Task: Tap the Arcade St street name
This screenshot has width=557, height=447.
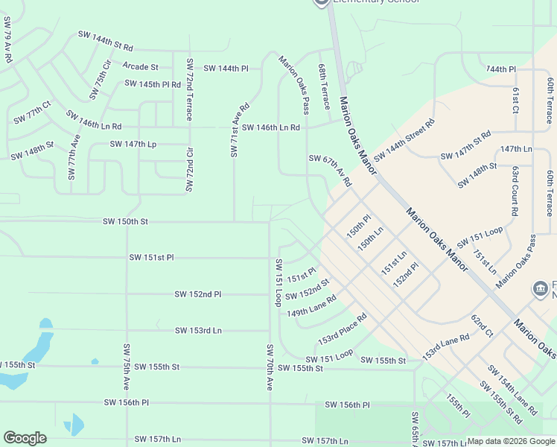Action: point(141,67)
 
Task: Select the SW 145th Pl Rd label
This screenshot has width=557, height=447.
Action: point(153,84)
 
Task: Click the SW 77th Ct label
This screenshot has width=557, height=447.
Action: point(32,113)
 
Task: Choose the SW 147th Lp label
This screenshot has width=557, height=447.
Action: point(133,144)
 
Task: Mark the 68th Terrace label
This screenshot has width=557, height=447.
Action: point(325,86)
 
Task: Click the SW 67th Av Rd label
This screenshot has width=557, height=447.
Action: point(330,170)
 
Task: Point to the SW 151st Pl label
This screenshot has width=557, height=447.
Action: point(151,258)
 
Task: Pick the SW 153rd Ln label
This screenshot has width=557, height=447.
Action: point(198,330)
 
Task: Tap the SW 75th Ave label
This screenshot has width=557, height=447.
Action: point(127,367)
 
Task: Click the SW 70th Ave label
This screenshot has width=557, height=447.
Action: point(270,367)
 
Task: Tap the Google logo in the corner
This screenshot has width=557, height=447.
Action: point(25,438)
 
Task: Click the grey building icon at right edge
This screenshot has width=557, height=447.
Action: point(540,288)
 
